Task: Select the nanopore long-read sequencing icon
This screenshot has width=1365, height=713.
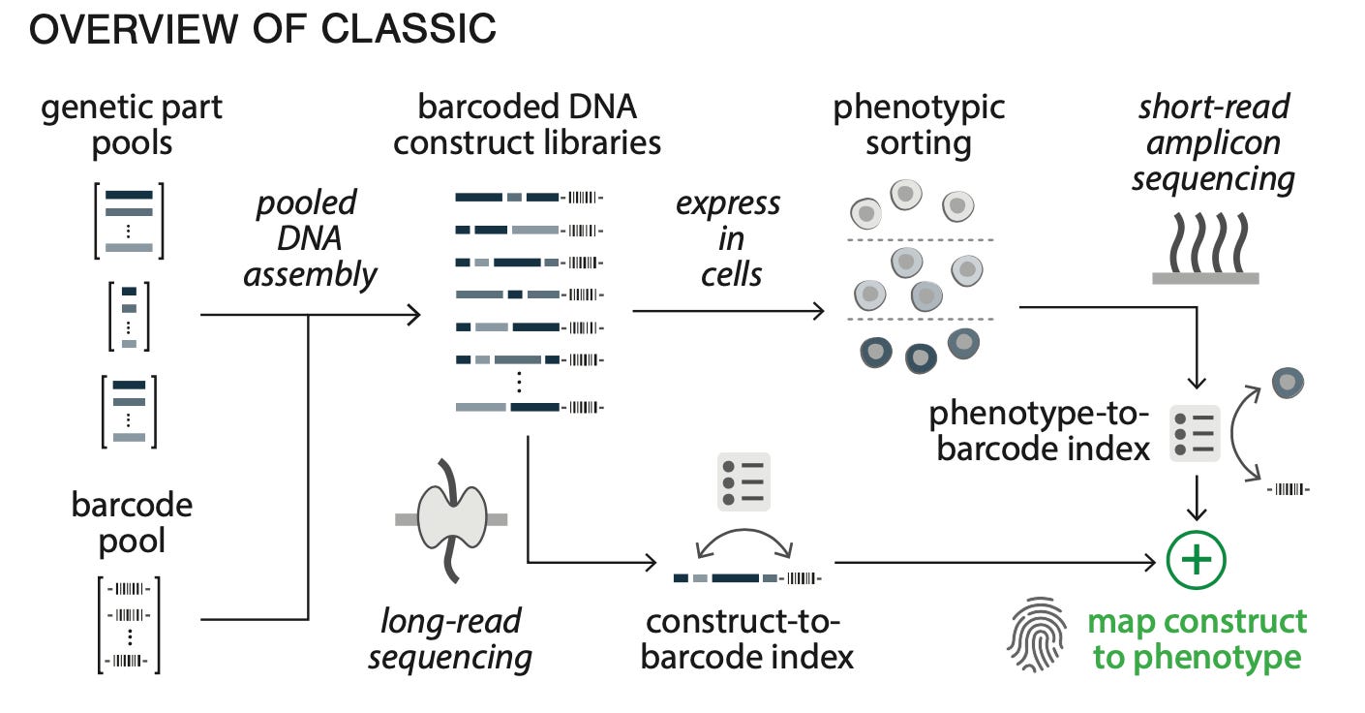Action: [x=450, y=520]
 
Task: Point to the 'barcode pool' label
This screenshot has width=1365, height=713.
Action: [x=132, y=523]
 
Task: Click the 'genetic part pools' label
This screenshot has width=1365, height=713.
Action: [x=132, y=125]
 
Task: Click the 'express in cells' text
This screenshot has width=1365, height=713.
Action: [x=729, y=238]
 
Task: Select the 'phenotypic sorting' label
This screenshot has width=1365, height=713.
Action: [x=918, y=125]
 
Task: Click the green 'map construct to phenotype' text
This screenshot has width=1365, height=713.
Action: [x=1197, y=638]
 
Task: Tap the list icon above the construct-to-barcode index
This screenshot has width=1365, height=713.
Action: [x=743, y=481]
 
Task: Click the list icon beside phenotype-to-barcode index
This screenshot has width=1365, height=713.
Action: [x=1195, y=433]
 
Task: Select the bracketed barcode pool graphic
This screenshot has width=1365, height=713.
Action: [x=129, y=624]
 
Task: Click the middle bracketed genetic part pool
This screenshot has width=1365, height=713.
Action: [x=129, y=316]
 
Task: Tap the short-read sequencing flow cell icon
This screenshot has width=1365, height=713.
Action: [x=1204, y=250]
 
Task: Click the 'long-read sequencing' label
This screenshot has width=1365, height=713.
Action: [x=450, y=638]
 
